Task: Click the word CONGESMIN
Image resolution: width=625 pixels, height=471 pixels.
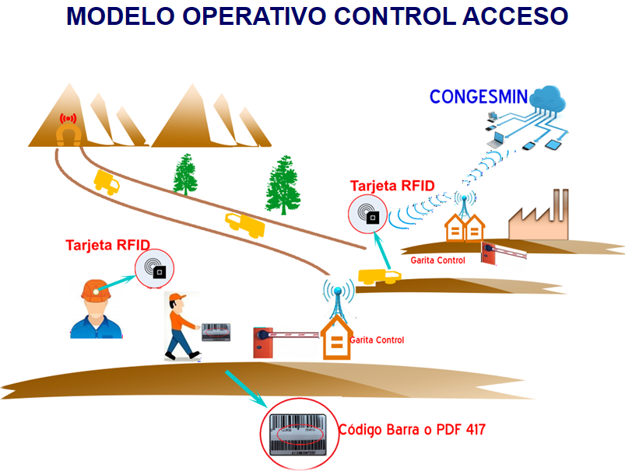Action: coord(479,98)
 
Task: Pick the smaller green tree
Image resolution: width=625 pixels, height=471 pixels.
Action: coord(185,173)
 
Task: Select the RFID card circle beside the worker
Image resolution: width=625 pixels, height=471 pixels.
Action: coord(154,269)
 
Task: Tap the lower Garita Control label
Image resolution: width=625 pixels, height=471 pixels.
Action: coord(377,340)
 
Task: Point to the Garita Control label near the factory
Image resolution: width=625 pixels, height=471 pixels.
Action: coord(438,260)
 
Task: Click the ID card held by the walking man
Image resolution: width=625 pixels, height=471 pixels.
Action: coord(218,332)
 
